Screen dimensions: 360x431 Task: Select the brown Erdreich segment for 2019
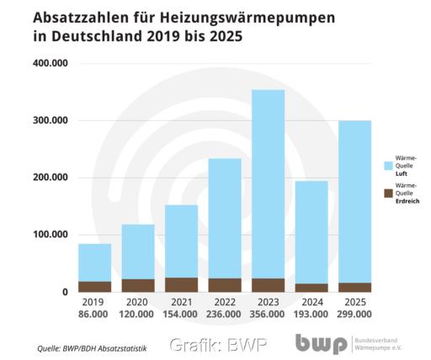(x=94, y=286)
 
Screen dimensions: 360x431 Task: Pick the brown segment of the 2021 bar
(x=181, y=284)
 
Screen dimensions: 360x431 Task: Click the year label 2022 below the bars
(x=224, y=301)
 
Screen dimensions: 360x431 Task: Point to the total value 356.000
(x=267, y=314)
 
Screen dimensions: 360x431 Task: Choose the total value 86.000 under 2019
(x=94, y=314)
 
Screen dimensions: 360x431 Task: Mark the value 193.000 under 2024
(x=311, y=314)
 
